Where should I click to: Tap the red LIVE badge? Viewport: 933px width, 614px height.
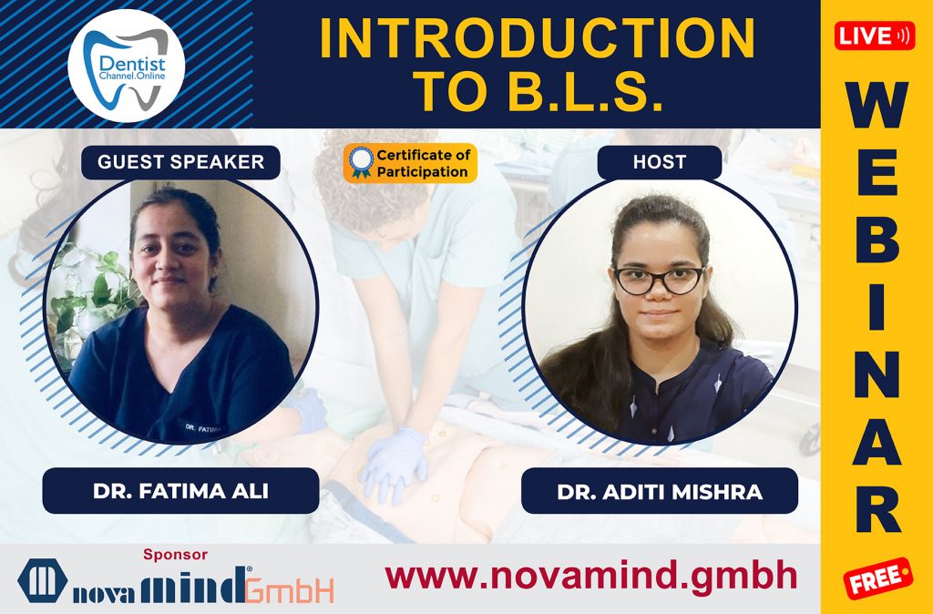click(875, 36)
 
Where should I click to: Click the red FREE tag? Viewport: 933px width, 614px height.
click(877, 578)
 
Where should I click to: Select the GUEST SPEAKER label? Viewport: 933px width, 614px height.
click(180, 162)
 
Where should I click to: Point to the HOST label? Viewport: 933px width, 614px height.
click(659, 162)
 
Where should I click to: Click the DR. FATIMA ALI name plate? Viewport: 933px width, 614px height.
click(180, 491)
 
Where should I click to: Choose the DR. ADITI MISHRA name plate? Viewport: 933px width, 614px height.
click(659, 492)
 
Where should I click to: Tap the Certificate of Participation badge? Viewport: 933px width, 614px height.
click(410, 163)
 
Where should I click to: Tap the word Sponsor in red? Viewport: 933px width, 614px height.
click(176, 554)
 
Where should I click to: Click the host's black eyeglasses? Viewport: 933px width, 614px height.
click(658, 280)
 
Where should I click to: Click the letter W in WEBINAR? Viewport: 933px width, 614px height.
click(876, 107)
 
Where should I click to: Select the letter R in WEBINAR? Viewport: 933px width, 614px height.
click(877, 511)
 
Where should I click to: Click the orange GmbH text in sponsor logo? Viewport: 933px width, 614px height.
click(290, 589)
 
